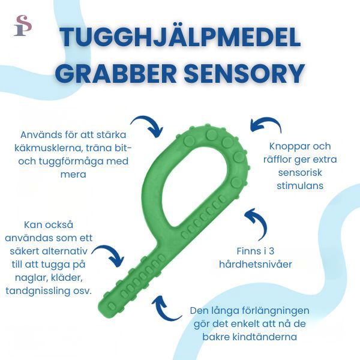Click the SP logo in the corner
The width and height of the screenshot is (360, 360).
click(x=22, y=25)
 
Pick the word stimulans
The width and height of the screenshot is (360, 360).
click(x=300, y=185)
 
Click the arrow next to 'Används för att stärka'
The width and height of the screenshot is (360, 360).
click(x=149, y=125)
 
